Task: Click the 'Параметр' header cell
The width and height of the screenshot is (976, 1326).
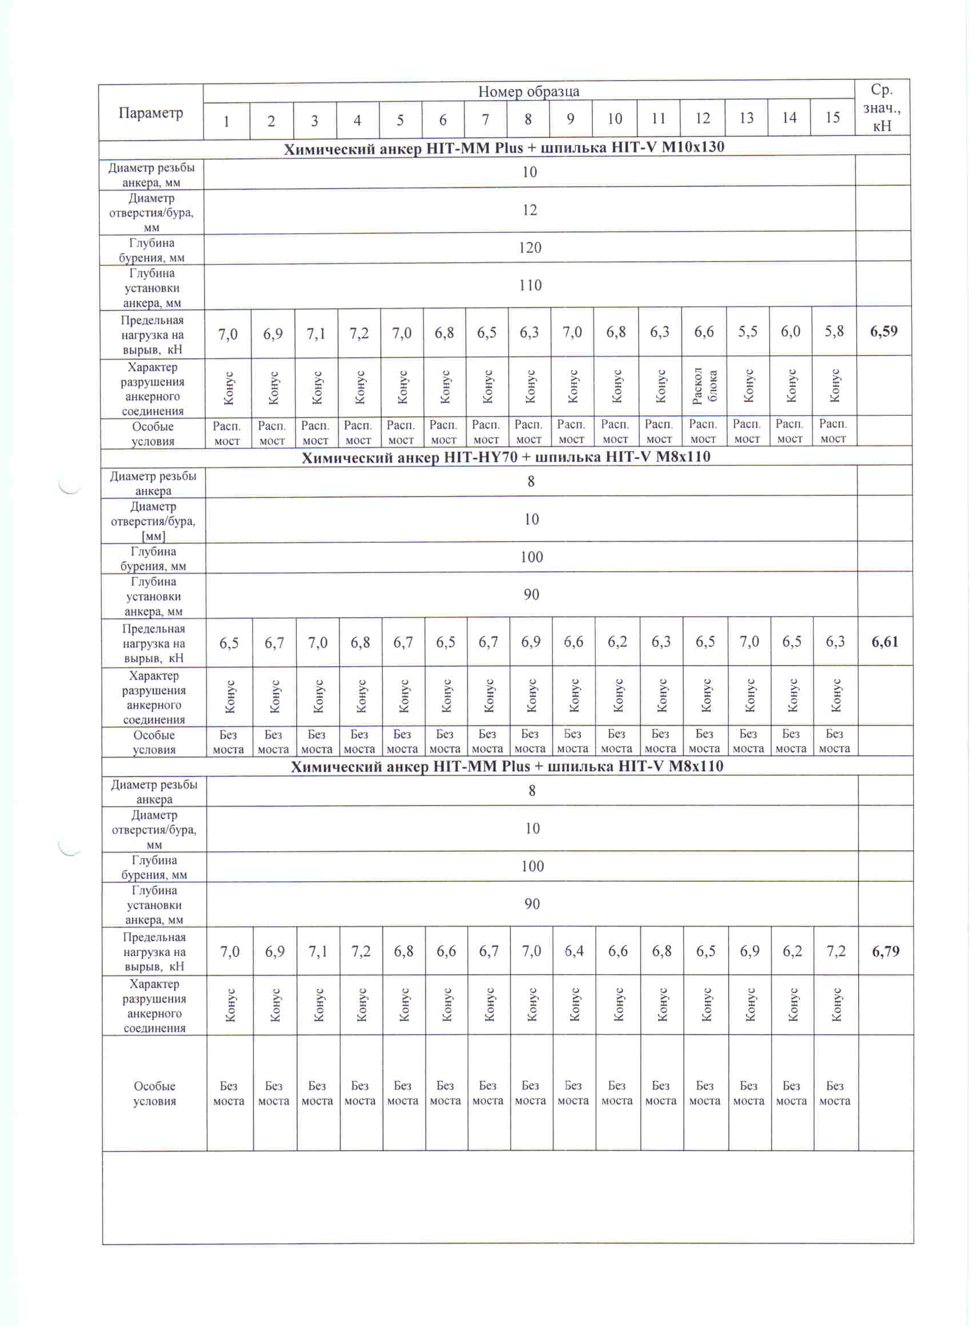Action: pyautogui.click(x=150, y=113)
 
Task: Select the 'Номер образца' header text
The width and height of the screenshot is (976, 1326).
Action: pyautogui.click(x=528, y=91)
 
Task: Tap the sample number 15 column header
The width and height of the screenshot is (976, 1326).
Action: pyautogui.click(x=832, y=118)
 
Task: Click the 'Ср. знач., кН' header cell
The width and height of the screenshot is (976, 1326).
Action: pyautogui.click(x=882, y=107)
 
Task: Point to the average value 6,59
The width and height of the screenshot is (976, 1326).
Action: pyautogui.click(x=884, y=331)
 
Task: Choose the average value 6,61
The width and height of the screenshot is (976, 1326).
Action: pyautogui.click(x=885, y=642)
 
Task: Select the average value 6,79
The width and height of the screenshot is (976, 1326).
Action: pyautogui.click(x=886, y=951)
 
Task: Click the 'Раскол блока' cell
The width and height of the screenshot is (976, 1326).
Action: pyautogui.click(x=704, y=386)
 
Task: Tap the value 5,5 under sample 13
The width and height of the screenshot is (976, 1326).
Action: pyautogui.click(x=747, y=332)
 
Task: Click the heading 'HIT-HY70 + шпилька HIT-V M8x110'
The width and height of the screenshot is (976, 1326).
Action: pyautogui.click(x=505, y=457)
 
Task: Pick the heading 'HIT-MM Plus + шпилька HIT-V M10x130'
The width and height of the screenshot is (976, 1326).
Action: pyautogui.click(x=504, y=147)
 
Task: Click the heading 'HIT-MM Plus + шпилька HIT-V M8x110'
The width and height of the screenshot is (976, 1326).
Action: pyautogui.click(x=507, y=766)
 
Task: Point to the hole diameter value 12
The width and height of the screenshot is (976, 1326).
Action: pyautogui.click(x=529, y=210)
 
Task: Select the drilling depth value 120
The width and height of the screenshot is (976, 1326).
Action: pyautogui.click(x=529, y=247)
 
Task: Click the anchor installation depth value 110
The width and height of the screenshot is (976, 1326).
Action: pyautogui.click(x=530, y=285)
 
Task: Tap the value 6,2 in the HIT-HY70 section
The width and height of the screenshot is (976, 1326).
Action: pyautogui.click(x=618, y=642)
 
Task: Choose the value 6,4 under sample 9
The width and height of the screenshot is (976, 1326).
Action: pyautogui.click(x=573, y=951)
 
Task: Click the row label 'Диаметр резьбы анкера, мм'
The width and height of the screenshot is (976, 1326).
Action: pyautogui.click(x=152, y=175)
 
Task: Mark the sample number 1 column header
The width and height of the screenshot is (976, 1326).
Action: pyautogui.click(x=226, y=122)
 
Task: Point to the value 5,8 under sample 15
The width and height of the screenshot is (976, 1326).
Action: pyautogui.click(x=834, y=331)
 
